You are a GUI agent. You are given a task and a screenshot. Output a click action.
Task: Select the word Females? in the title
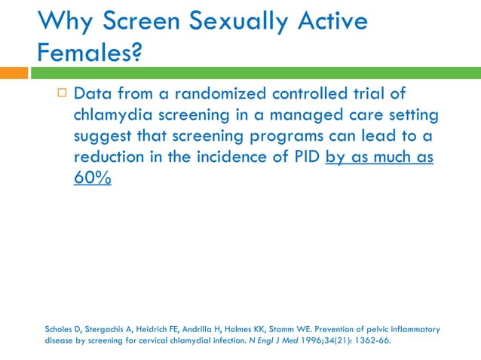(x=89, y=53)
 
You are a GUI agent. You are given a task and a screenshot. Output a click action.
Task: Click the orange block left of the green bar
(x=14, y=73)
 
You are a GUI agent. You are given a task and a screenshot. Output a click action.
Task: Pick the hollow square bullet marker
(x=62, y=93)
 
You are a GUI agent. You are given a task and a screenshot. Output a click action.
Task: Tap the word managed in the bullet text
(x=299, y=115)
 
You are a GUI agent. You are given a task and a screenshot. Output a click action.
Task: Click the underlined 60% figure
(x=92, y=180)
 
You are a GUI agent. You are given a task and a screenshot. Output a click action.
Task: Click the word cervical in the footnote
(x=168, y=340)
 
